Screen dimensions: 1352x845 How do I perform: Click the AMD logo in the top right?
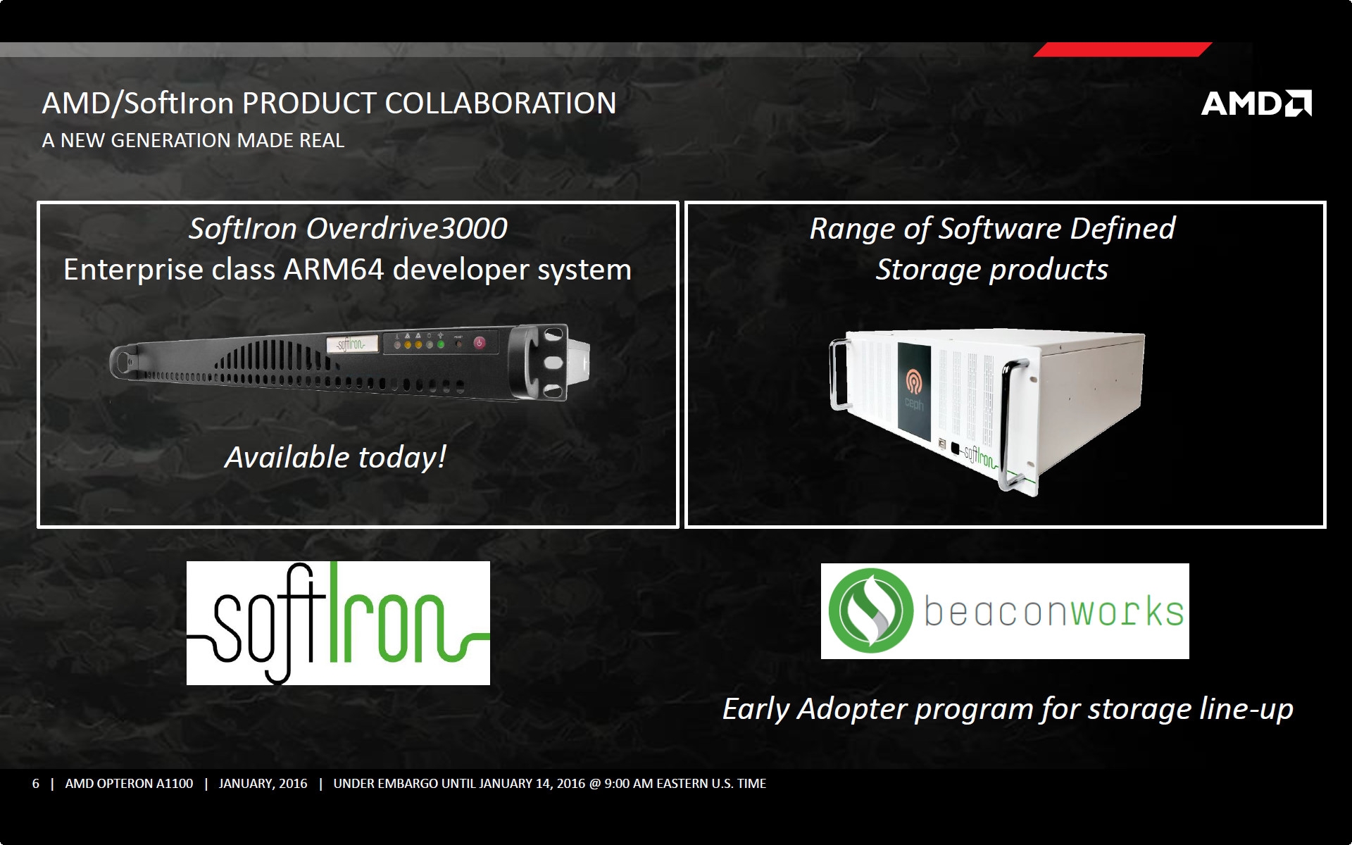click(x=1256, y=103)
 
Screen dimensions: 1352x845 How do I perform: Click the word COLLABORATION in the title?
click(x=501, y=103)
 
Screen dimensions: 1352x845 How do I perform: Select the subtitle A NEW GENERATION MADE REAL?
click(x=194, y=140)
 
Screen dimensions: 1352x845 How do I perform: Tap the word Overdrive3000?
click(x=406, y=228)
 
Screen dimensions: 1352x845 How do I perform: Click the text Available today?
click(x=336, y=458)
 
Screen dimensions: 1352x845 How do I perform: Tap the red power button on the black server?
click(x=479, y=343)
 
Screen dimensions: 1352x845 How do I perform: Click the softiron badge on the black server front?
click(x=352, y=344)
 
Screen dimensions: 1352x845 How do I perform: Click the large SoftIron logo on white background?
click(x=338, y=623)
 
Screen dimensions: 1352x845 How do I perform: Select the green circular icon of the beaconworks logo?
click(x=871, y=611)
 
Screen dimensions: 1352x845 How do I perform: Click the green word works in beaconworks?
click(x=1127, y=611)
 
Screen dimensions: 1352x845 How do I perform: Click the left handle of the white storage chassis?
click(x=838, y=373)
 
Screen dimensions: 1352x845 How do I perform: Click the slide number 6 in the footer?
click(x=36, y=784)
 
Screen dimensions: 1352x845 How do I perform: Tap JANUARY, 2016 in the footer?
click(x=263, y=784)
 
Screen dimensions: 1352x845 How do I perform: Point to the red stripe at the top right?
click(x=1122, y=49)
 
